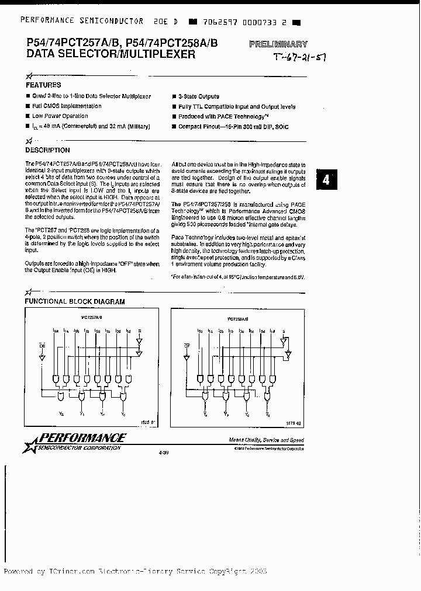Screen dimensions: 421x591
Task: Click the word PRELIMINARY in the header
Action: [x=278, y=44]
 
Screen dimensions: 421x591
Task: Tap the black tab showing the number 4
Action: [x=326, y=180]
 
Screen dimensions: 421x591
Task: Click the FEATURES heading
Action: [x=44, y=85]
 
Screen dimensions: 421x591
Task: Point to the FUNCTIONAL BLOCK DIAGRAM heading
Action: [x=74, y=301]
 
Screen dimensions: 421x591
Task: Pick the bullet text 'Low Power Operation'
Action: [x=60, y=116]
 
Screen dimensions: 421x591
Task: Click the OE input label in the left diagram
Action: [x=42, y=345]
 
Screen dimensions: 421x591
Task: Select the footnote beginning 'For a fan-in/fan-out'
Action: [x=238, y=276]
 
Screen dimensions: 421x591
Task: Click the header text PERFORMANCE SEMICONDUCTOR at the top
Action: [x=82, y=20]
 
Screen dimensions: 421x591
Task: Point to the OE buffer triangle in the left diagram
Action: [x=42, y=358]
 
